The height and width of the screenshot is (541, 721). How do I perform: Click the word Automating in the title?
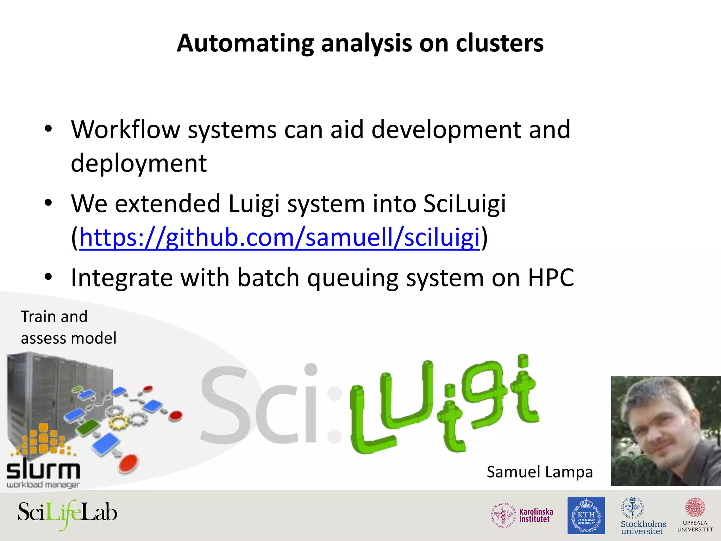coord(245,44)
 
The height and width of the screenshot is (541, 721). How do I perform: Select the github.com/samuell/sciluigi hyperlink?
coord(280,237)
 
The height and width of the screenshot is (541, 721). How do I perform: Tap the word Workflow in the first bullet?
coord(126,130)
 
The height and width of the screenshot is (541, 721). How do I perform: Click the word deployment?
coord(139,163)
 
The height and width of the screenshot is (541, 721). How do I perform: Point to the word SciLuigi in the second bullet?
coord(464,204)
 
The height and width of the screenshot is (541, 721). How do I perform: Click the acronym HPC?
coord(551,278)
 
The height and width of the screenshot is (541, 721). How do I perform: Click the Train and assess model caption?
coord(68,327)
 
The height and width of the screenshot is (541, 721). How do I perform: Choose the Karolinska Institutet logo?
coord(522,515)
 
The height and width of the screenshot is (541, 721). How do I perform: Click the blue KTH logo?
coord(586,515)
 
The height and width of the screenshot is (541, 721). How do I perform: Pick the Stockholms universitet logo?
coord(643,516)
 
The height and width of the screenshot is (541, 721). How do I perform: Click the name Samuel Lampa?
coord(540,472)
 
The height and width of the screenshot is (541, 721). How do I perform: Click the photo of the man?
coord(665,431)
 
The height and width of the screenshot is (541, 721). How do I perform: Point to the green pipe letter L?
coord(370,423)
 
